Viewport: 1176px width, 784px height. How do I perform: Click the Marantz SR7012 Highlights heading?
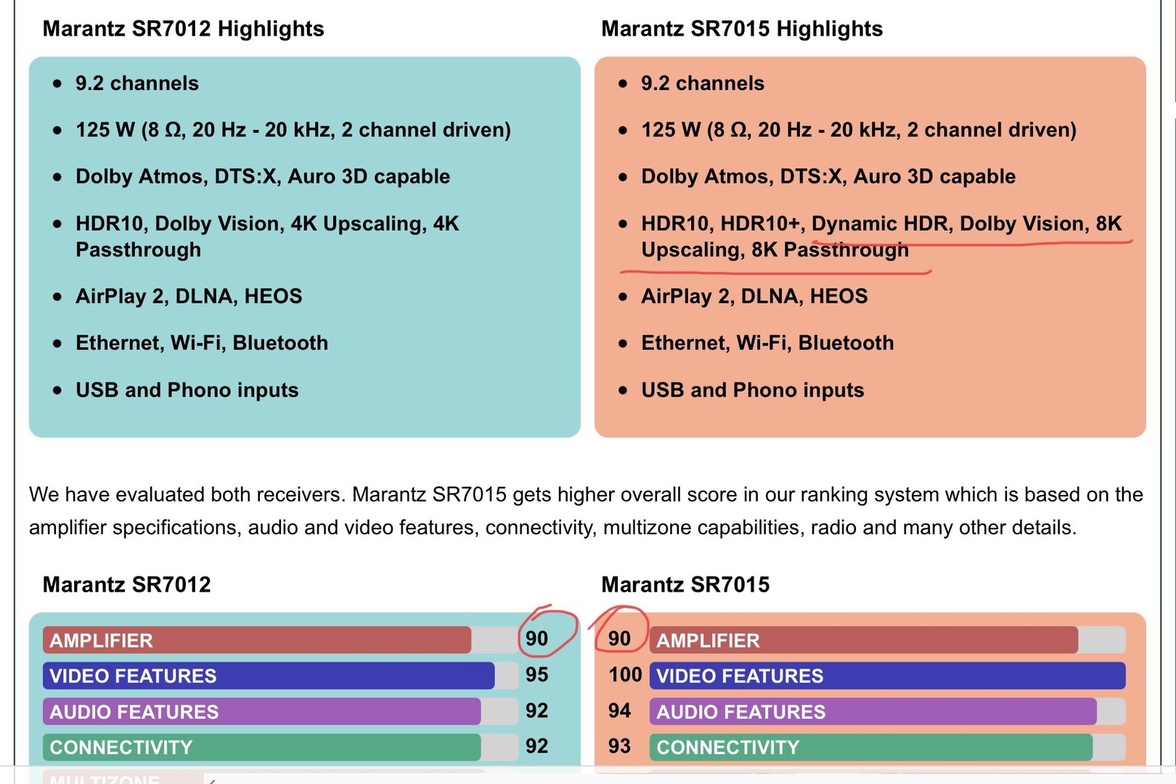click(x=183, y=29)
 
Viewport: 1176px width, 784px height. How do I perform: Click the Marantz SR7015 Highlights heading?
click(x=741, y=29)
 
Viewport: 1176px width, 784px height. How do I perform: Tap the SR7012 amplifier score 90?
click(x=536, y=639)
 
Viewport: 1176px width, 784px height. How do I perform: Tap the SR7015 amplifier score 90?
click(x=619, y=639)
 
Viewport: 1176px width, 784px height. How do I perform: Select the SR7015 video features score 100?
click(x=625, y=675)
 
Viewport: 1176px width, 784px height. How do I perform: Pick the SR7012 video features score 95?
click(x=536, y=675)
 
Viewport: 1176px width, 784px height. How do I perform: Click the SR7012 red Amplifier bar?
click(x=257, y=640)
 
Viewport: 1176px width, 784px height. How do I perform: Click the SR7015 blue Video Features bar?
click(x=887, y=676)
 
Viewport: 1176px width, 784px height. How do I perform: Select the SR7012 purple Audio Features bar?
click(x=261, y=711)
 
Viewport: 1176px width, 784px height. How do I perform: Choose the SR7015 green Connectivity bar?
click(x=871, y=747)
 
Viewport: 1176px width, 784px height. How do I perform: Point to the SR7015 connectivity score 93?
click(x=619, y=746)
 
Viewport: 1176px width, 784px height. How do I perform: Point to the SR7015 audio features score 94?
click(x=619, y=711)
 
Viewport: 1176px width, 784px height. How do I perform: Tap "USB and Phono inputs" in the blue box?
click(x=187, y=391)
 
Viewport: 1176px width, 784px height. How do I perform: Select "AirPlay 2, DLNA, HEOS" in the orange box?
click(x=754, y=296)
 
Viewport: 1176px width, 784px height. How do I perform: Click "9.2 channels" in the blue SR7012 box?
click(x=136, y=83)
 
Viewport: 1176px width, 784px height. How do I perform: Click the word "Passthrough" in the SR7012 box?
click(x=138, y=250)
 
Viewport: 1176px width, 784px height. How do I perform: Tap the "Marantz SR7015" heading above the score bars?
click(x=685, y=584)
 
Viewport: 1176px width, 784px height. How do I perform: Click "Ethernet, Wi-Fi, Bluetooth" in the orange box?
click(x=767, y=343)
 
